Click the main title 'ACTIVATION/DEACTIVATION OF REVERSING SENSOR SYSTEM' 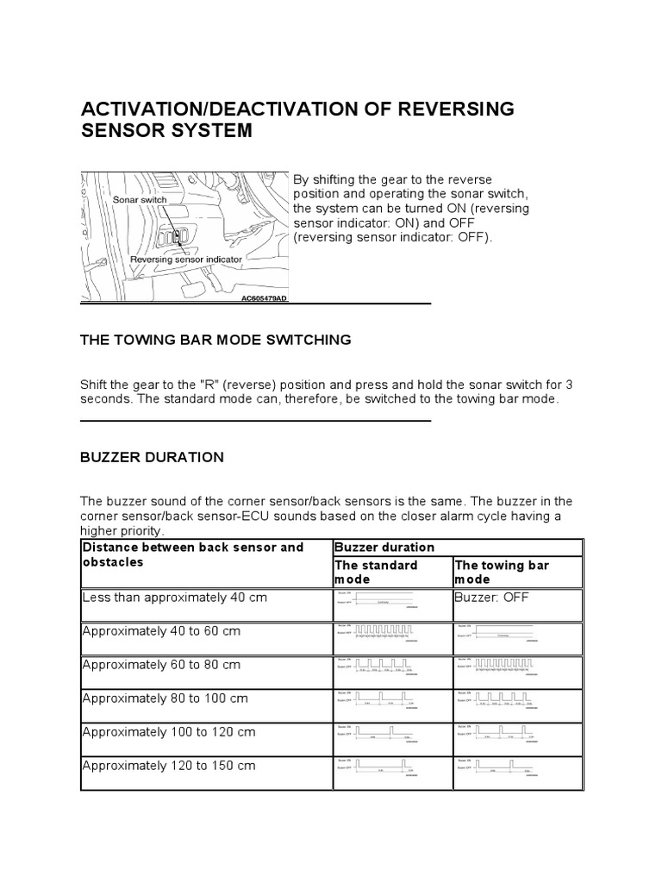(x=297, y=120)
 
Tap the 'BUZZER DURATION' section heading (x=152, y=457)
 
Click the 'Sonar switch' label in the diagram (x=139, y=199)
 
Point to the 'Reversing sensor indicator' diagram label (x=186, y=258)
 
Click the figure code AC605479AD (x=264, y=298)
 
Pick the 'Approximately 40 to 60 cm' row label (x=161, y=630)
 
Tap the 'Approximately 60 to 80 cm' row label (x=161, y=664)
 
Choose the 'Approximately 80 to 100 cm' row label (x=165, y=698)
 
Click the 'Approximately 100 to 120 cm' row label (x=168, y=732)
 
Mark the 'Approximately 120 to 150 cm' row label (x=168, y=766)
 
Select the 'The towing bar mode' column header (x=502, y=572)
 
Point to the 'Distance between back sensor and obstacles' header (x=193, y=554)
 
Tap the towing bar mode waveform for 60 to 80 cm (x=498, y=668)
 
